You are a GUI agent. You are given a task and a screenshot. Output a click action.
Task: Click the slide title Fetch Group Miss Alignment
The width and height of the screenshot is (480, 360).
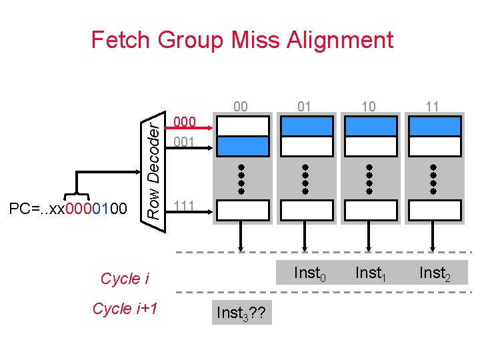click(x=242, y=40)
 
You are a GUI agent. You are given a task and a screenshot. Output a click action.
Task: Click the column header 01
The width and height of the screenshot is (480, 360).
click(x=305, y=106)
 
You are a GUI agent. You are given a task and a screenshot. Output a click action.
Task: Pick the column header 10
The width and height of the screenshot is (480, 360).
click(x=368, y=106)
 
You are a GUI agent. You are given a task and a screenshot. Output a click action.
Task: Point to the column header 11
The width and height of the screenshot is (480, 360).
click(x=432, y=106)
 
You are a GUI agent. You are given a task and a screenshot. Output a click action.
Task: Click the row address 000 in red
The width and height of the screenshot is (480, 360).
click(x=184, y=122)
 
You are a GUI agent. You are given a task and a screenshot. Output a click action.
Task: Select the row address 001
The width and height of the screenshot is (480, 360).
click(x=184, y=142)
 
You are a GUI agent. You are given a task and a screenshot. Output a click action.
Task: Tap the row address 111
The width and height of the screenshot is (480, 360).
click(x=184, y=205)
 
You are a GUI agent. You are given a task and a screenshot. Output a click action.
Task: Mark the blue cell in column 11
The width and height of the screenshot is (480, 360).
click(x=433, y=126)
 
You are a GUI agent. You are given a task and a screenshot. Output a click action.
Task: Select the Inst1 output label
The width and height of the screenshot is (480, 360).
click(x=371, y=273)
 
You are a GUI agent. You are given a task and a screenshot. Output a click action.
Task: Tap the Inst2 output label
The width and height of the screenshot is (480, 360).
click(x=435, y=273)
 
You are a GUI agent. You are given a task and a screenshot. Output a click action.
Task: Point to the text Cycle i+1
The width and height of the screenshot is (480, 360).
click(x=125, y=309)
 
